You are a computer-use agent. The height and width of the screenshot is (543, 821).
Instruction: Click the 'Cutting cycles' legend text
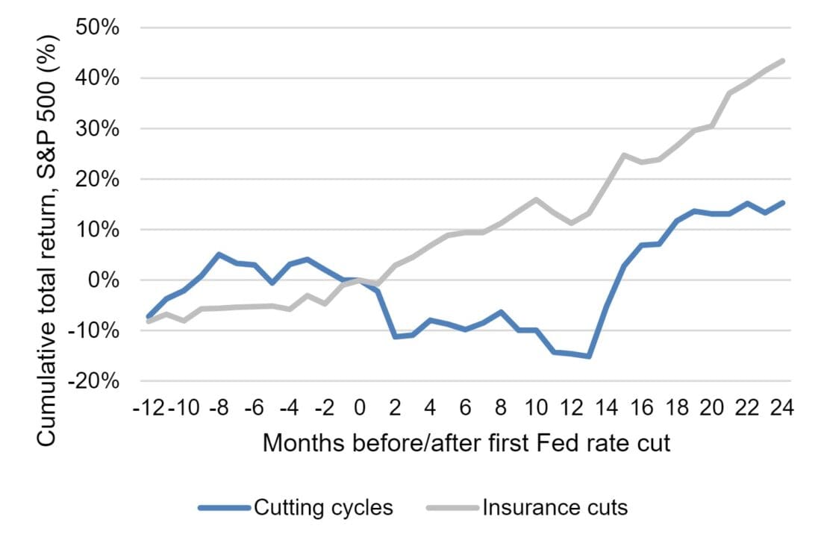323,508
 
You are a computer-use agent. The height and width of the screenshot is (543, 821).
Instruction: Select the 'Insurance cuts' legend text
555,508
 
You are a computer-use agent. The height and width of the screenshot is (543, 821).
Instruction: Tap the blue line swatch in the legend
223,508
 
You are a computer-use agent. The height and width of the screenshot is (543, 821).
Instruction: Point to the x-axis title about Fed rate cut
466,443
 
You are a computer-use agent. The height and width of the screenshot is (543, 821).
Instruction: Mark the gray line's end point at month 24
782,60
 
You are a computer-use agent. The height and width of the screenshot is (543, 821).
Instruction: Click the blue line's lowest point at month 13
589,357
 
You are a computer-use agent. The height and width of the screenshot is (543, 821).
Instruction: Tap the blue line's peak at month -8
219,254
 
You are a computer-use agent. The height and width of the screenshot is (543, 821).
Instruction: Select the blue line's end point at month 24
782,202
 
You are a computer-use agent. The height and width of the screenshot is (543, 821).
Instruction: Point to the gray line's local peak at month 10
536,199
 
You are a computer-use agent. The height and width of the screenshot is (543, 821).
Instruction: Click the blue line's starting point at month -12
149,317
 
